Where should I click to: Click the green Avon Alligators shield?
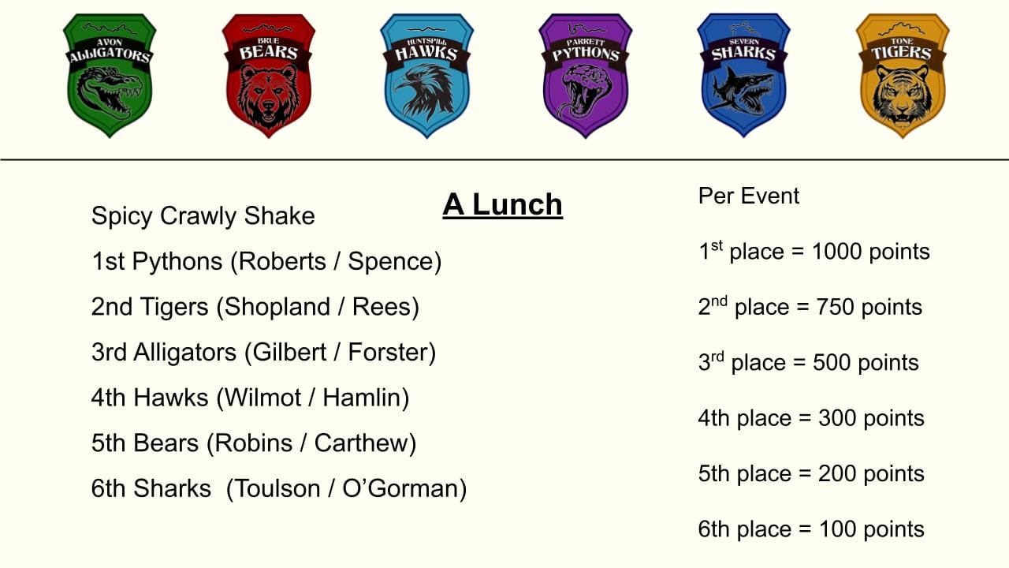(x=110, y=75)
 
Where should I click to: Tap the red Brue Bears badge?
(x=269, y=75)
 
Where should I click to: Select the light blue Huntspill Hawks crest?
(x=427, y=75)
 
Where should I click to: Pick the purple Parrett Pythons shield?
(x=586, y=75)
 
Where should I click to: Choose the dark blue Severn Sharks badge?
(x=743, y=75)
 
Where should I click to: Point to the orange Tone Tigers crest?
(x=903, y=75)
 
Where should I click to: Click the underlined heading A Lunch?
(x=502, y=205)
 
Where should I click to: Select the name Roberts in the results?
(x=282, y=261)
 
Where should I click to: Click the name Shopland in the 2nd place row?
(x=277, y=307)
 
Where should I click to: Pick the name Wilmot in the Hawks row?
(x=262, y=398)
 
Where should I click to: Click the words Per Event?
(x=749, y=196)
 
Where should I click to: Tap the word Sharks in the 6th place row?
(x=172, y=488)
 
